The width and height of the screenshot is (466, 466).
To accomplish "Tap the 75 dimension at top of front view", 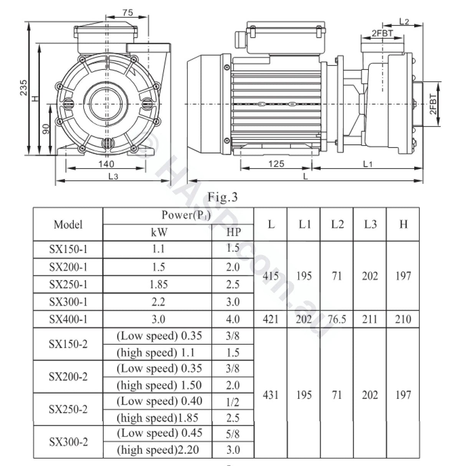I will [x=127, y=12].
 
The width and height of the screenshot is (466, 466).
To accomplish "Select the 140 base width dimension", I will [x=106, y=164].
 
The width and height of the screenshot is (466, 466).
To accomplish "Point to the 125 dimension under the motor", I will [x=276, y=164].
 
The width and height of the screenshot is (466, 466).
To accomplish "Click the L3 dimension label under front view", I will [x=112, y=177].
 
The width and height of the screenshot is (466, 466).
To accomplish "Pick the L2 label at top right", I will [x=404, y=21].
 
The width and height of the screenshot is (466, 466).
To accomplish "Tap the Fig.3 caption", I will [x=223, y=197].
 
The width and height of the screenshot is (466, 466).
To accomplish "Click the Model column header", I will [x=68, y=225].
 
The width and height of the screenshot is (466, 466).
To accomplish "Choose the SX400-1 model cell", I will [x=68, y=319].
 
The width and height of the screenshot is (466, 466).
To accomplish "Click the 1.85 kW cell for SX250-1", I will [x=158, y=284].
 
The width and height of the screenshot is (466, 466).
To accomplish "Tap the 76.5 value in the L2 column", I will [x=337, y=319].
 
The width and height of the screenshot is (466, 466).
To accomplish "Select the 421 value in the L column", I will [x=271, y=319].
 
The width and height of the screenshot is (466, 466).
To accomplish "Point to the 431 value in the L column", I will [x=271, y=395].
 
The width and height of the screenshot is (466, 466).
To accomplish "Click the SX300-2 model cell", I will [x=68, y=442].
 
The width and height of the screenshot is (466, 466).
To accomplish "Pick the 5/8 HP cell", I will [x=233, y=434].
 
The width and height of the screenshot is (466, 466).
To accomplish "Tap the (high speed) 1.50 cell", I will [x=159, y=385].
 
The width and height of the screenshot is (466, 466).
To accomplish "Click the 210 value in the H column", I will [x=403, y=319].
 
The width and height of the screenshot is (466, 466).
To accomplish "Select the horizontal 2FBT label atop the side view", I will [x=382, y=33].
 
